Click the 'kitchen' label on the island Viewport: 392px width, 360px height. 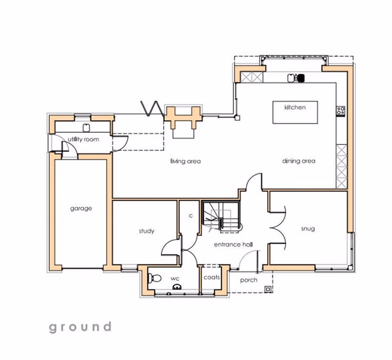[x=295, y=107]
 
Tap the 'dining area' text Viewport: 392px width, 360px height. [x=298, y=161]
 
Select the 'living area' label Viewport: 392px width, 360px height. [x=186, y=161]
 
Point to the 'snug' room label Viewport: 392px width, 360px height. [x=308, y=228]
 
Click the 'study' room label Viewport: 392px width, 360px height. [x=146, y=231]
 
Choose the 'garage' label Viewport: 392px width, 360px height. [x=80, y=208]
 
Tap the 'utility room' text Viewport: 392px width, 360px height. [x=83, y=140]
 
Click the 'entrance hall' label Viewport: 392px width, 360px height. [x=233, y=244]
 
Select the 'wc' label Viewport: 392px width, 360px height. [x=174, y=279]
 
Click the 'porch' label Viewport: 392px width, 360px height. [x=249, y=280]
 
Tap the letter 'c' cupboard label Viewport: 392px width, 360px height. [x=191, y=215]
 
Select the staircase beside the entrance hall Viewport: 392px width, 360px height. [x=220, y=217]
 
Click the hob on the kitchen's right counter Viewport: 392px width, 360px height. [x=341, y=111]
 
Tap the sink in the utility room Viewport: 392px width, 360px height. [x=86, y=127]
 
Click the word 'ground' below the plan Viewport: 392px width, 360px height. [x=80, y=327]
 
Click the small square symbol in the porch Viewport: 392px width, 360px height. [x=268, y=289]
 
